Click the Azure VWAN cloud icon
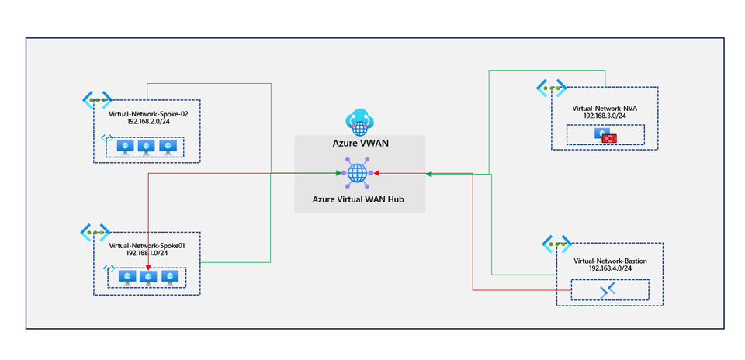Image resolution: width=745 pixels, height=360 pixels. pyautogui.click(x=359, y=120)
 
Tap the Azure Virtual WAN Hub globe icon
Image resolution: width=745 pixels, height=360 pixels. pyautogui.click(x=358, y=173)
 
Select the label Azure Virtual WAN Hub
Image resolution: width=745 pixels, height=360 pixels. pyautogui.click(x=359, y=199)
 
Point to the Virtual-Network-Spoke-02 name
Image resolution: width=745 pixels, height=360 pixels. pyautogui.click(x=148, y=113)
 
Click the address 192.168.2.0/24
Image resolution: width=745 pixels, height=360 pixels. pyautogui.click(x=148, y=122)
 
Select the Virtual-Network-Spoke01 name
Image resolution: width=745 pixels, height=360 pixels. pyautogui.click(x=148, y=244)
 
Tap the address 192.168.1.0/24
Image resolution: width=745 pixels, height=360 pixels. pyautogui.click(x=148, y=253)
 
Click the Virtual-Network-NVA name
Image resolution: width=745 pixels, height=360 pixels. pyautogui.click(x=605, y=107)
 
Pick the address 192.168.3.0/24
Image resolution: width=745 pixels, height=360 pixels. pyautogui.click(x=605, y=116)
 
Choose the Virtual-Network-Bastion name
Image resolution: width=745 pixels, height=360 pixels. pyautogui.click(x=610, y=261)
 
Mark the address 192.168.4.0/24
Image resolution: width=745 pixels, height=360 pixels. pyautogui.click(x=610, y=270)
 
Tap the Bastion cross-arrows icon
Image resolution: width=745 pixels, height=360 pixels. pyautogui.click(x=609, y=290)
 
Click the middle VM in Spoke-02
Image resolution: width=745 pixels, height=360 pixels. pyautogui.click(x=146, y=146)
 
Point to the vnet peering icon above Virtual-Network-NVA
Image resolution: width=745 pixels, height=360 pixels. pyautogui.click(x=552, y=88)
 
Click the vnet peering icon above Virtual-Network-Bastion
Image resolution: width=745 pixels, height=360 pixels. pyautogui.click(x=557, y=244)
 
